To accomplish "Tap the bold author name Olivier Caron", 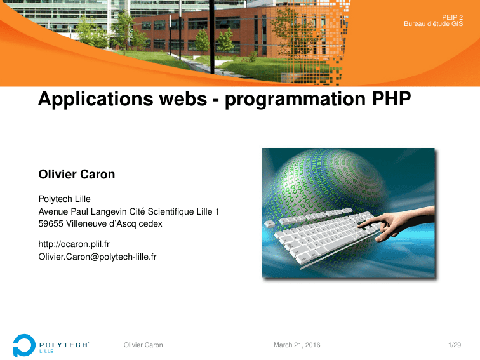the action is coord(77,174).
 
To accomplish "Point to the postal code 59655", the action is coord(51,223).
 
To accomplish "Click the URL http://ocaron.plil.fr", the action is coord(74,244).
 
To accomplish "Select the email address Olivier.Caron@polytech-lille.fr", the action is coord(97,257).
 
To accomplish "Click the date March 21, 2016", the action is coord(297,345).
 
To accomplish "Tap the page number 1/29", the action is coord(455,345).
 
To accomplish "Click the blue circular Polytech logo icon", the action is coord(23,345).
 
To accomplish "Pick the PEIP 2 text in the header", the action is coord(453,17).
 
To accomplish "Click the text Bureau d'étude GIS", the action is coord(434,24).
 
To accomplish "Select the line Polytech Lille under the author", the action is coord(65,199).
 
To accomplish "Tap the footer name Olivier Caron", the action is coord(143,345).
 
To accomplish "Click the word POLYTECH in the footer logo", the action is coord(64,345).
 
